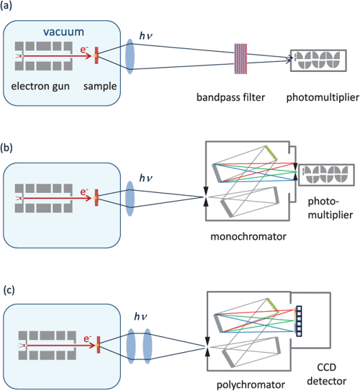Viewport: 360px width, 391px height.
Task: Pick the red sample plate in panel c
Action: pyautogui.click(x=96, y=339)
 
